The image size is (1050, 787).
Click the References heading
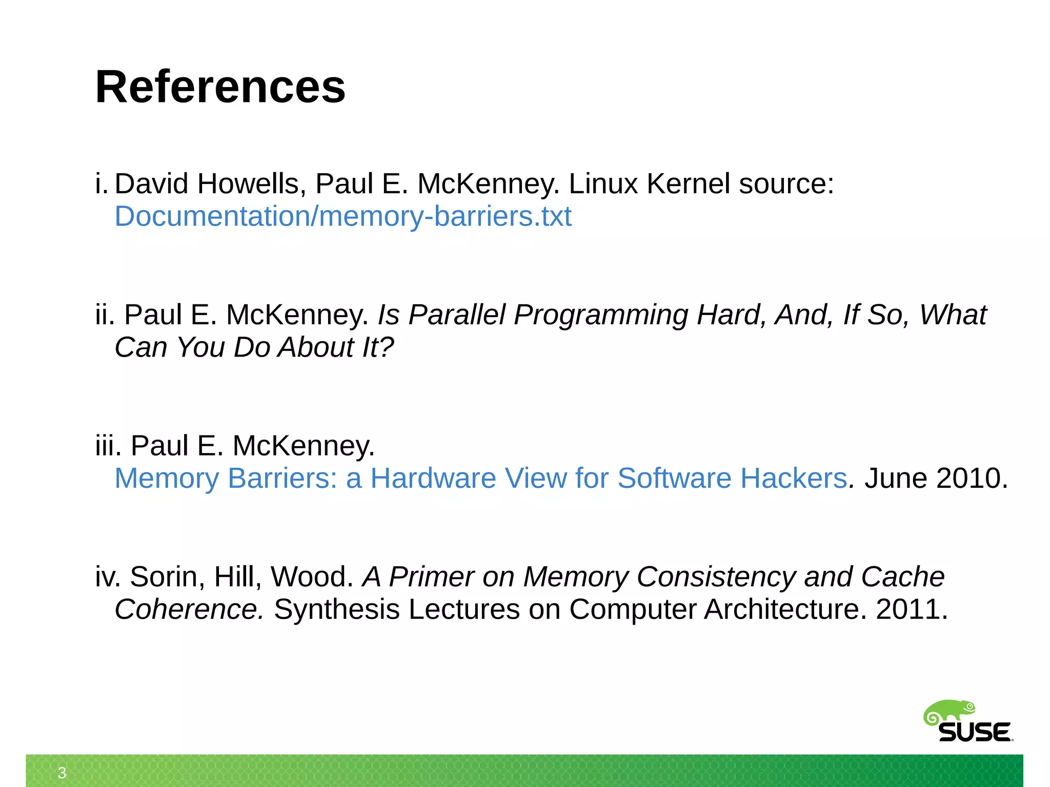click(220, 87)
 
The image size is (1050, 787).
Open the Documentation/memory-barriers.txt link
click(342, 216)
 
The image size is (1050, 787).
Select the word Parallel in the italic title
click(458, 315)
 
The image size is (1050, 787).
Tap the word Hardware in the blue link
click(433, 478)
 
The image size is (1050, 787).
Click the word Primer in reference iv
click(431, 576)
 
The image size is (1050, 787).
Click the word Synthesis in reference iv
click(336, 609)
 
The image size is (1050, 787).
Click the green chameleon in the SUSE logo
click(948, 712)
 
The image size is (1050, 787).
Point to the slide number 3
click(62, 773)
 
